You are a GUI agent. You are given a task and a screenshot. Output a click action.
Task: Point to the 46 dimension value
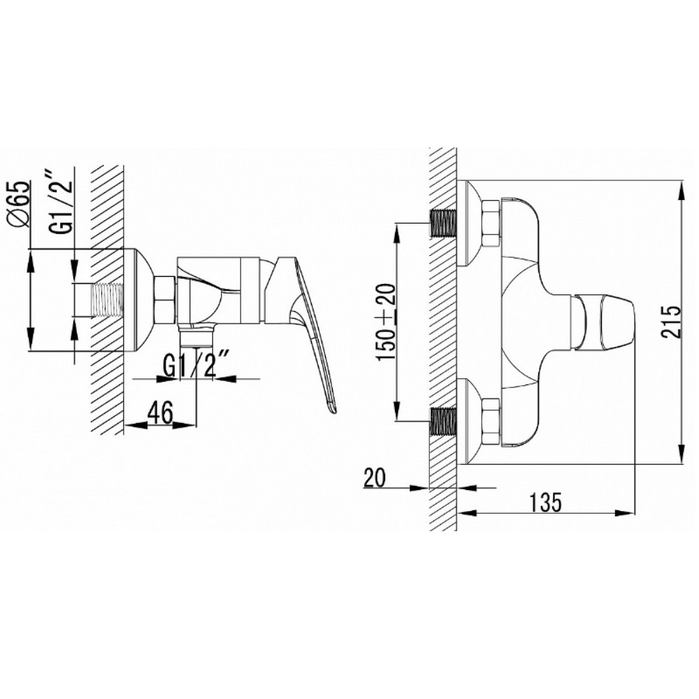click(x=160, y=413)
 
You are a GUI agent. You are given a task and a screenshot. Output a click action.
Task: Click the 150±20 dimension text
click(x=386, y=322)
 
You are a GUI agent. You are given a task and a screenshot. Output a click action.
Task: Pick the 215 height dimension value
click(x=672, y=322)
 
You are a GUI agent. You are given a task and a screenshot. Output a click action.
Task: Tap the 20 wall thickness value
click(x=375, y=479)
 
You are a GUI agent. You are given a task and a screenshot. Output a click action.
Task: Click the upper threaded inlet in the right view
click(x=443, y=223)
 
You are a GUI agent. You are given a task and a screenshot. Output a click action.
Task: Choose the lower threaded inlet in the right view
click(x=443, y=421)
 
